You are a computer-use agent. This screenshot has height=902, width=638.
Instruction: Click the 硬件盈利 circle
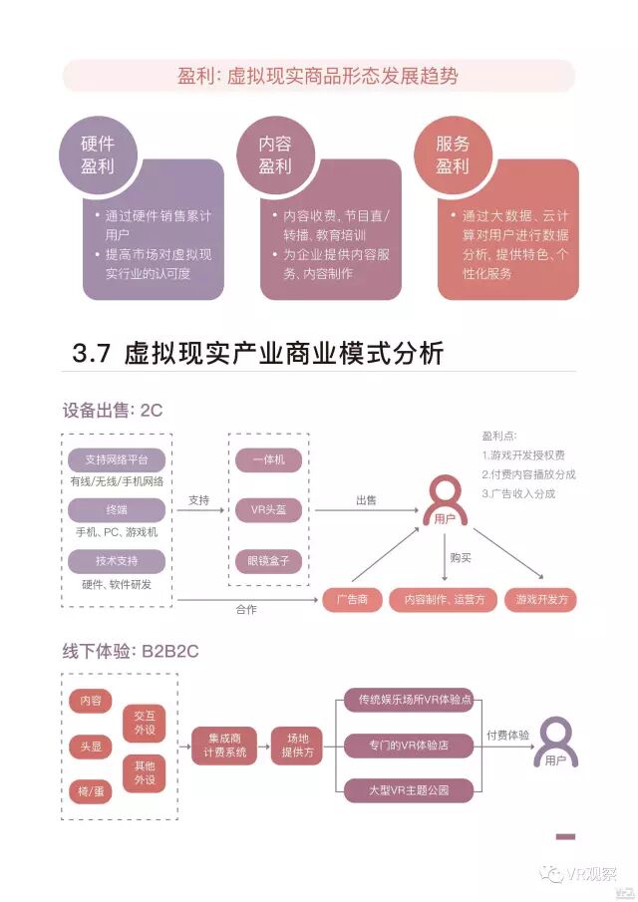[x=98, y=155]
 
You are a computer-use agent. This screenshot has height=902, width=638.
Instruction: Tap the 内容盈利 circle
[x=275, y=155]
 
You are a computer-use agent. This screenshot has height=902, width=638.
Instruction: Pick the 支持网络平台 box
[x=117, y=460]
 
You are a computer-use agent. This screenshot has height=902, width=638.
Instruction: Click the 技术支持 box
[x=117, y=561]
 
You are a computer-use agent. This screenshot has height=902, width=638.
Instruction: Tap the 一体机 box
[x=268, y=460]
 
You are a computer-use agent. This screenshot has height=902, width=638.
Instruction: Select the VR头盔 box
[x=268, y=509]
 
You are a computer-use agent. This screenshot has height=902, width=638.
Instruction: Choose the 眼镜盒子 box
[x=268, y=560]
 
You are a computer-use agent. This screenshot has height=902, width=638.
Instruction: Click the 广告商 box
[x=353, y=600]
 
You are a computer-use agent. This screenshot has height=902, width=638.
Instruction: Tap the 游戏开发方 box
[x=541, y=600]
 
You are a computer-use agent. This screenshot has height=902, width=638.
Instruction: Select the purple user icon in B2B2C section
[x=555, y=743]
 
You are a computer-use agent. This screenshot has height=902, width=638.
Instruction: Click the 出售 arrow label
[x=366, y=500]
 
